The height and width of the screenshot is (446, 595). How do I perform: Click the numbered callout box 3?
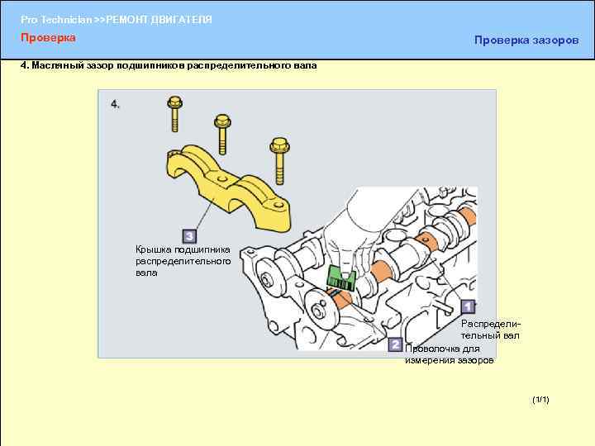coord(189,236)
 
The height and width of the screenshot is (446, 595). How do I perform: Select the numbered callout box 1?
coord(468,306)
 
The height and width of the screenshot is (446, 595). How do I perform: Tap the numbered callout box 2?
coord(395,344)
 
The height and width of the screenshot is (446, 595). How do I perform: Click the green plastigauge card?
coord(340,278)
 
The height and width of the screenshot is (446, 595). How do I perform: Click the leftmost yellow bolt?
coord(174,114)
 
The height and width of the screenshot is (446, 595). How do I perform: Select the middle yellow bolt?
coord(222,134)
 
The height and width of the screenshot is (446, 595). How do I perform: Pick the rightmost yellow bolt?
coord(279,161)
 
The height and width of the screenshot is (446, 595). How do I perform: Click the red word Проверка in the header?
coord(48,37)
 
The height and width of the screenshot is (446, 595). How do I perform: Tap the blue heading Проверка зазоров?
coord(526,40)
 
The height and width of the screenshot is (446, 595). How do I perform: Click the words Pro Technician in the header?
coord(56,19)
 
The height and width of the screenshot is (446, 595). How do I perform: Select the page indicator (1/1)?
coord(540,400)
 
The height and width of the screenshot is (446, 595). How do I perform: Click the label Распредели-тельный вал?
coord(491,330)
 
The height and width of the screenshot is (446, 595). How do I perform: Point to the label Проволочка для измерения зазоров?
coord(450,354)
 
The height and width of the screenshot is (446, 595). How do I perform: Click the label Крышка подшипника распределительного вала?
coord(183,261)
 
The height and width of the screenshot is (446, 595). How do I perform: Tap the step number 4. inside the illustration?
coord(115,104)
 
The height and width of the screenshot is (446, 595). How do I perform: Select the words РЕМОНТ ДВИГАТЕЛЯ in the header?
coord(159,19)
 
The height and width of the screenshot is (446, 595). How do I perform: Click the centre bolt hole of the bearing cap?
coord(222,178)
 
